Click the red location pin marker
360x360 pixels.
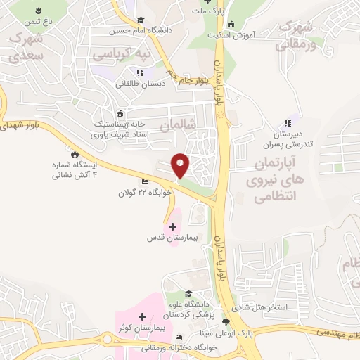[181, 165]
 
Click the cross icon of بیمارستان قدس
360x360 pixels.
[172, 226]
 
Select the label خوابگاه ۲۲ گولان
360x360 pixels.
[145, 190]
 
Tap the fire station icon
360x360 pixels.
[74, 153]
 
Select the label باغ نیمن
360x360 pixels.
[38, 21]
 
